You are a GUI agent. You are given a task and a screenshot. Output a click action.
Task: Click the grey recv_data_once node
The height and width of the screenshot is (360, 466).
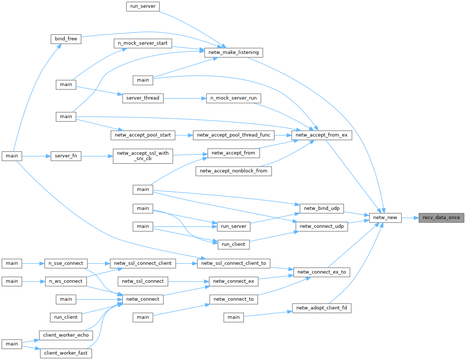click(x=441, y=218)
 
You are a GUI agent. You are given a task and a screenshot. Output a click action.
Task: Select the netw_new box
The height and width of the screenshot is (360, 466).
click(x=385, y=218)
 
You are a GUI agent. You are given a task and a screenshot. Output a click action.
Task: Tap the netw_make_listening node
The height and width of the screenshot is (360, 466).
click(x=233, y=52)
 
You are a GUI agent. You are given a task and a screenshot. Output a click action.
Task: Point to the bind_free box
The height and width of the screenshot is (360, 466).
click(x=66, y=39)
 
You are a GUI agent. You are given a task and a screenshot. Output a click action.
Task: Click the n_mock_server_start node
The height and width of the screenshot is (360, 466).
click(x=143, y=43)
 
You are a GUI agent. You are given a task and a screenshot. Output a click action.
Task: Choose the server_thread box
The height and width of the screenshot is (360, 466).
click(x=143, y=98)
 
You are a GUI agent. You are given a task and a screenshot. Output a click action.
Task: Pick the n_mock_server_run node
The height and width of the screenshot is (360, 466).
click(x=233, y=98)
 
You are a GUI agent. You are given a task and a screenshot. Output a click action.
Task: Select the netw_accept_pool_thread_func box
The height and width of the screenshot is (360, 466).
click(x=233, y=135)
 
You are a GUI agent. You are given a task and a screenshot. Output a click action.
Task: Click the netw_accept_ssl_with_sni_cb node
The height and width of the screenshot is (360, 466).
click(x=143, y=156)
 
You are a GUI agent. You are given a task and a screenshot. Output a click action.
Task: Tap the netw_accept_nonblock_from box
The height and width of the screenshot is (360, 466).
click(x=233, y=171)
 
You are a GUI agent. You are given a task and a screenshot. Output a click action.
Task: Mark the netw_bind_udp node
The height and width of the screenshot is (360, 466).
click(x=321, y=208)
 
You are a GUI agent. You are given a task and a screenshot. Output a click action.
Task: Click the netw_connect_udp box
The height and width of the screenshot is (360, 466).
click(x=321, y=227)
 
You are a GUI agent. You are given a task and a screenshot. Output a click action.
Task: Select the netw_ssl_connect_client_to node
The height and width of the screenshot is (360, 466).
click(x=233, y=263)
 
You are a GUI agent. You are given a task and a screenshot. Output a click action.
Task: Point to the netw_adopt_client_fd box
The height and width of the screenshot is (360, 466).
click(x=321, y=308)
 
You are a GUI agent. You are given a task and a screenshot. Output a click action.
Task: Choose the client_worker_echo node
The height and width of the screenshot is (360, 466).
click(x=66, y=335)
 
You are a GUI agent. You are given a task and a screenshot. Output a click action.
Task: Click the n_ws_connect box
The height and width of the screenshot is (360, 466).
click(x=66, y=282)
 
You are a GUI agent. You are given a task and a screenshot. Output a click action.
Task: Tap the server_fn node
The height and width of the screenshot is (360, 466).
click(x=66, y=156)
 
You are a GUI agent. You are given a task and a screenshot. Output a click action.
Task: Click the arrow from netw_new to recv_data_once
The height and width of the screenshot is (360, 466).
click(x=410, y=218)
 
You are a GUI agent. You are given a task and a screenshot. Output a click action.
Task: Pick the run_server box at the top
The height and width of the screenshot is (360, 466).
click(x=143, y=7)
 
